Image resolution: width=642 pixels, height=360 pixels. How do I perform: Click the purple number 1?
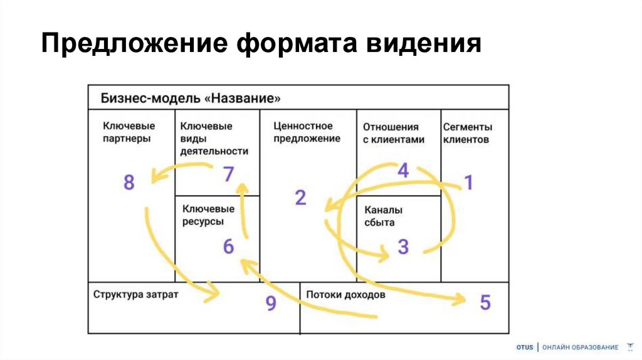click(x=468, y=182)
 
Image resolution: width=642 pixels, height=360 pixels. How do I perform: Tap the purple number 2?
click(x=300, y=198)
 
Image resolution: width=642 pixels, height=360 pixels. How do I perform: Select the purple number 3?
click(x=403, y=246)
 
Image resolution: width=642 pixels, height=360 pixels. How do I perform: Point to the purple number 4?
click(x=403, y=170)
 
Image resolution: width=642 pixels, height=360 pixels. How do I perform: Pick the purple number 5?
click(x=485, y=302)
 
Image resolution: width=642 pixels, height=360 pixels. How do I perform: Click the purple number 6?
click(x=228, y=246)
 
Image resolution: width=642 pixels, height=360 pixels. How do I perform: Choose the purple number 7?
click(x=228, y=174)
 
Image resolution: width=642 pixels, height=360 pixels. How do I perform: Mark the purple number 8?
click(x=129, y=183)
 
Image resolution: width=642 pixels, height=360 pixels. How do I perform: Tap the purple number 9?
click(x=271, y=304)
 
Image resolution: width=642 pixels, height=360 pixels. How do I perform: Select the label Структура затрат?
click(x=136, y=294)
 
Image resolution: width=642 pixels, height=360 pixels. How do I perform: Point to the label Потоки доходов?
click(x=346, y=294)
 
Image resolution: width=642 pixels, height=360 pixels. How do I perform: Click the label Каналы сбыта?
click(x=382, y=216)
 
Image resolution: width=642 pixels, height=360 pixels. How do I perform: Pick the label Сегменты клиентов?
click(x=468, y=133)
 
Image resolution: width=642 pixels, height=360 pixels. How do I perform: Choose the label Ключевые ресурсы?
click(x=208, y=214)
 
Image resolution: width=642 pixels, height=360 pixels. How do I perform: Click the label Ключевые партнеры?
click(x=128, y=132)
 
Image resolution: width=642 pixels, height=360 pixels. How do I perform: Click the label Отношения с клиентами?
click(x=393, y=133)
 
